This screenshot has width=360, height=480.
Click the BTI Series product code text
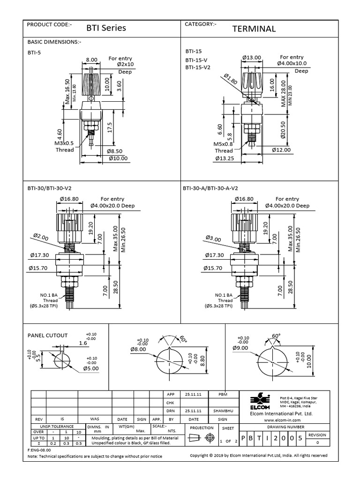[x=106, y=28]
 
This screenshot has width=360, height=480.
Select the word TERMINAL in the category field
[x=254, y=29]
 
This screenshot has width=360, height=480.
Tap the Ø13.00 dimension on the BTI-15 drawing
[x=252, y=57]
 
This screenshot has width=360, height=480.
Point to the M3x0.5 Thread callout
[x=65, y=146]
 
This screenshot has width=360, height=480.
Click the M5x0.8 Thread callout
[x=224, y=147]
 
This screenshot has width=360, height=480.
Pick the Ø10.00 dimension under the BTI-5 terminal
[x=117, y=158]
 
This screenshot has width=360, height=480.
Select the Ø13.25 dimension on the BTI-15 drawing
[x=225, y=158]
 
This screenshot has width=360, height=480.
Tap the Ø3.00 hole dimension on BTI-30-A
[x=213, y=239]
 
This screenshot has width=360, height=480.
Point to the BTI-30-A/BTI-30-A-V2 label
[x=210, y=188]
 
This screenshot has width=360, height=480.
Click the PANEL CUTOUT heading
[x=48, y=335]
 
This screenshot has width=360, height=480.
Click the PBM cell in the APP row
[x=223, y=395]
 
